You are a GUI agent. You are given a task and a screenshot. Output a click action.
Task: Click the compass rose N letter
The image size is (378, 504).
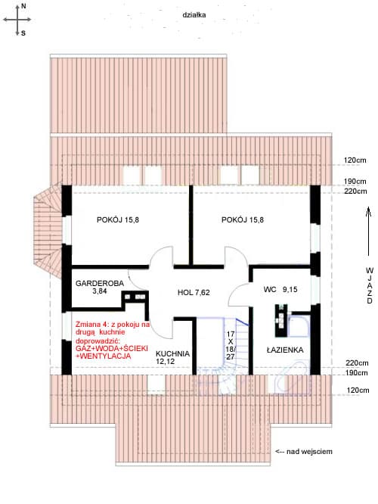click(x=23, y=6)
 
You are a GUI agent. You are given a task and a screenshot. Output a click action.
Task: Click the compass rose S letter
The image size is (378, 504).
click(x=23, y=33)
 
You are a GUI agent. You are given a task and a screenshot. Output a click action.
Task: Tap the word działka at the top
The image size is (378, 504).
click(x=194, y=15)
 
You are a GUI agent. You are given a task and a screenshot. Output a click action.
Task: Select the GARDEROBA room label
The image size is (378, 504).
click(x=100, y=284)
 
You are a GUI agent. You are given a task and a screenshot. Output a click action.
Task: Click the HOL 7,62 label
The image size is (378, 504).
click(x=194, y=293)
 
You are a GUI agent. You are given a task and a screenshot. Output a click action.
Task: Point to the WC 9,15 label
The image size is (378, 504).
click(x=280, y=290)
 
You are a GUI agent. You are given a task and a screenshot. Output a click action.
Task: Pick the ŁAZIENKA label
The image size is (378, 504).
click(x=285, y=350)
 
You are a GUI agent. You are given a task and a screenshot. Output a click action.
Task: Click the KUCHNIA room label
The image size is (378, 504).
click(x=172, y=354)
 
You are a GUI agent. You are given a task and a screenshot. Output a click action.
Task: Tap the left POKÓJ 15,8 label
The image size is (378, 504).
click(x=118, y=220)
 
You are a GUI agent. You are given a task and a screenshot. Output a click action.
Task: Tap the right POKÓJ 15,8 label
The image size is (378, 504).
click(x=243, y=220)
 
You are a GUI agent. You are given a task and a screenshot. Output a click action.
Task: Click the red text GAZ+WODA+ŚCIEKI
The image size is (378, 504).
click(x=112, y=349)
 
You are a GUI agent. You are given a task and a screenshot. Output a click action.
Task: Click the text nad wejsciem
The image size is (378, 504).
click(x=309, y=452)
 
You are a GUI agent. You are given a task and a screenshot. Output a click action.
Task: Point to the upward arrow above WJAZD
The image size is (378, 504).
click(x=369, y=231)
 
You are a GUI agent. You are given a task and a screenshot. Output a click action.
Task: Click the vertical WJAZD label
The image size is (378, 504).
click(x=370, y=285)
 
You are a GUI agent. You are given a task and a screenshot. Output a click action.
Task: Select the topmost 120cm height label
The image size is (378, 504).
click(x=355, y=160)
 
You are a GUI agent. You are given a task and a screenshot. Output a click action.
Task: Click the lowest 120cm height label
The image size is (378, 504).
click(x=358, y=390)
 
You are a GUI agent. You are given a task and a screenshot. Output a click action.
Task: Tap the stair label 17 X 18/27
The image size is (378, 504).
click(x=231, y=346)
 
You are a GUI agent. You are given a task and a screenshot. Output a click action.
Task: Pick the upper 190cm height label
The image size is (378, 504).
click(x=355, y=182)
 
